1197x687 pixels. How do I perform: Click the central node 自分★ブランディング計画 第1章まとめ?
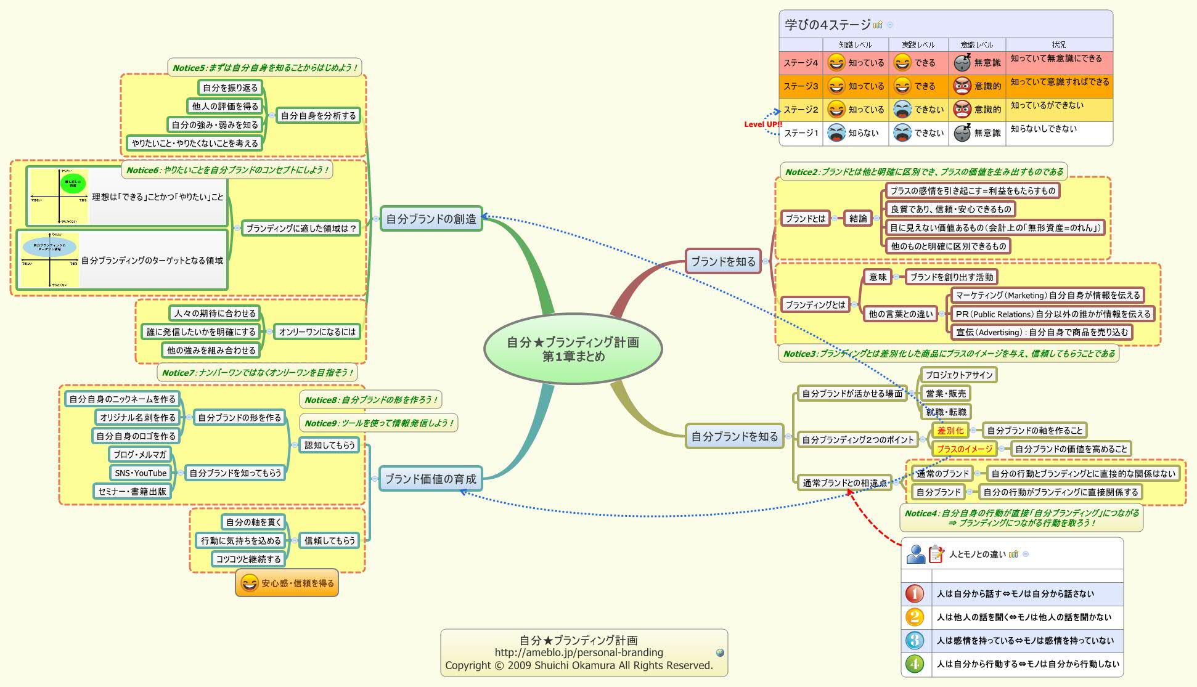click(573, 349)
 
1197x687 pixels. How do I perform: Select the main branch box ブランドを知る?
click(723, 261)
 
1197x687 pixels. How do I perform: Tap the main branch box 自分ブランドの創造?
click(431, 219)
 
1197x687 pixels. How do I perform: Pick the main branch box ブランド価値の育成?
click(430, 479)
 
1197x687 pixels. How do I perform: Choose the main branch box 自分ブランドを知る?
click(734, 436)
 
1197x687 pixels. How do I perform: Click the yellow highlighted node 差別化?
click(950, 430)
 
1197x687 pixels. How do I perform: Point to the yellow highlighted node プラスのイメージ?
click(964, 449)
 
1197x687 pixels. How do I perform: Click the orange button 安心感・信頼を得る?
click(287, 583)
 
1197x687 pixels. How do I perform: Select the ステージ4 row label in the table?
click(801, 63)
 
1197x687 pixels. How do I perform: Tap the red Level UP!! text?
click(762, 124)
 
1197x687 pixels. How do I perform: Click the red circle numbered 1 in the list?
click(915, 593)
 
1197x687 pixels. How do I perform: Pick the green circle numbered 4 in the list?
click(915, 664)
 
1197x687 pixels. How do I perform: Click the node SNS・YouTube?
click(141, 473)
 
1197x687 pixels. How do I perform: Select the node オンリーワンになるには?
click(317, 331)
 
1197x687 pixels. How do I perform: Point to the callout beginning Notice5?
click(264, 68)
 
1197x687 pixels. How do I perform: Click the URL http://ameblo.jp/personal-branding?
click(579, 652)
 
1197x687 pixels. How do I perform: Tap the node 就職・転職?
click(946, 412)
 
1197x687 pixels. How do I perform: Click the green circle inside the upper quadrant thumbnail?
click(73, 183)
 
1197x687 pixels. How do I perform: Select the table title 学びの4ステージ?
click(827, 25)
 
